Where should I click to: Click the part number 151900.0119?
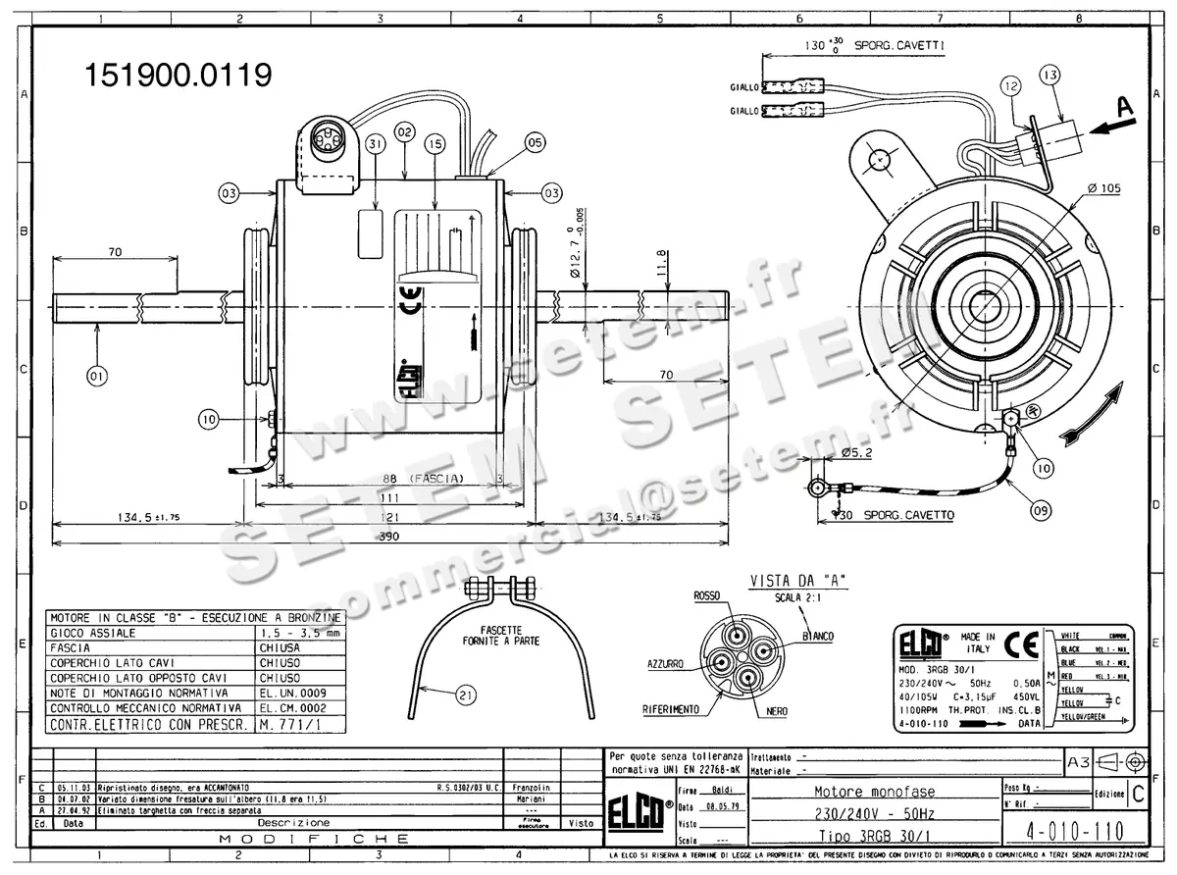click(x=178, y=76)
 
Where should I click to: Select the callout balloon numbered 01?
click(x=96, y=374)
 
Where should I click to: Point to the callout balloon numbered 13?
click(x=1049, y=76)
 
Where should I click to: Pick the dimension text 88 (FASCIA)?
click(x=422, y=479)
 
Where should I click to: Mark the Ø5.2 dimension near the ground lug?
click(x=857, y=454)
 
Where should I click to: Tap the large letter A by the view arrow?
click(x=1125, y=106)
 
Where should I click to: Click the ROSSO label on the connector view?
click(x=707, y=596)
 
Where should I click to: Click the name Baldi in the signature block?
click(x=723, y=790)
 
